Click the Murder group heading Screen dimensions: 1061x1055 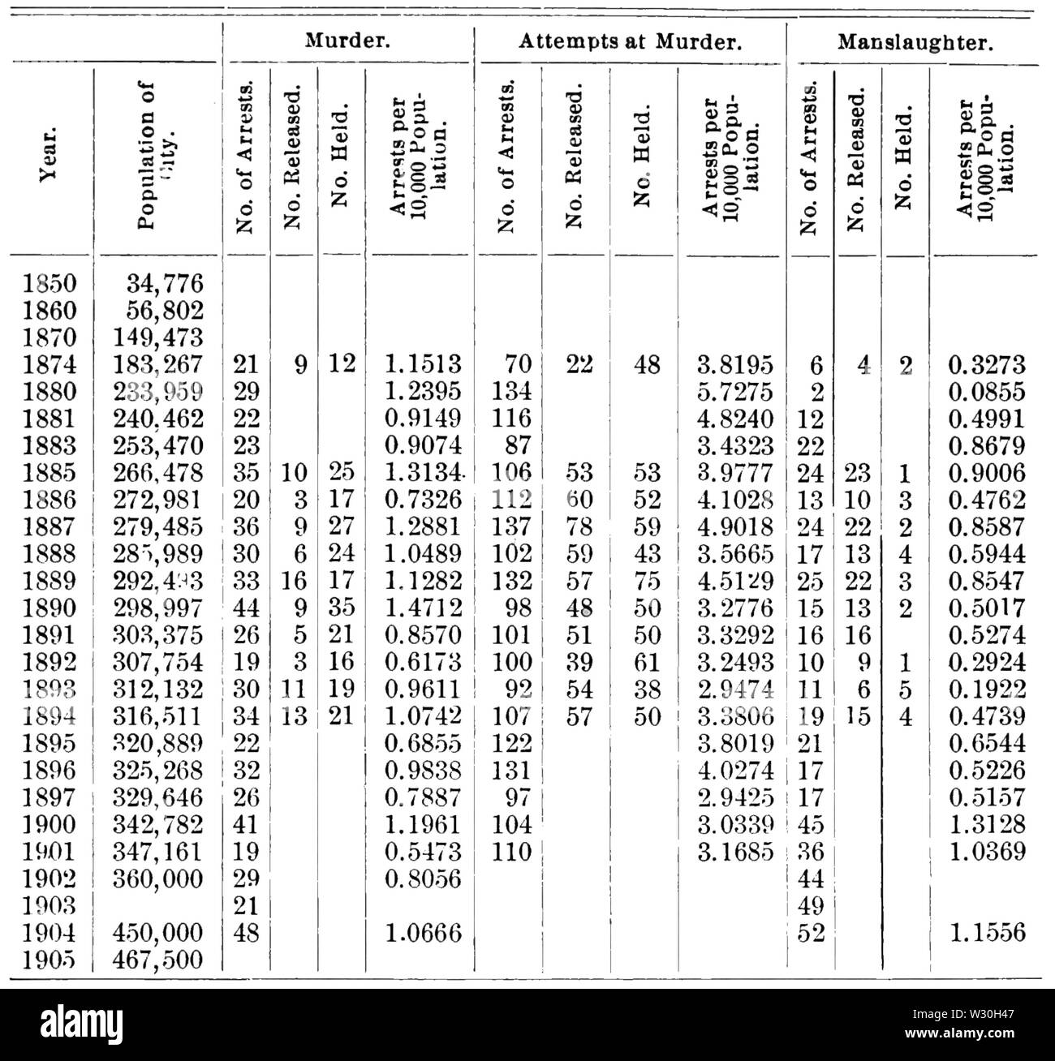click(x=347, y=41)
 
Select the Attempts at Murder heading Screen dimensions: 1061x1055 click(x=630, y=42)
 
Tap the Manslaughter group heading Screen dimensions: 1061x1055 click(x=915, y=42)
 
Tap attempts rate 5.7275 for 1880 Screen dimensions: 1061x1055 click(x=735, y=391)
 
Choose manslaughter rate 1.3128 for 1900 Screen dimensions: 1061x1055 click(x=986, y=824)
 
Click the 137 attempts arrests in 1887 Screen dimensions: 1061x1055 click(x=512, y=526)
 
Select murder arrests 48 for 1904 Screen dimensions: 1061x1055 click(x=245, y=933)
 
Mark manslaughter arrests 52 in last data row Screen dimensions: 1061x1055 click(x=812, y=933)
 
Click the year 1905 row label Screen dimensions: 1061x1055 click(x=50, y=960)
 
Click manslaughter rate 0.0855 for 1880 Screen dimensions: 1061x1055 click(x=986, y=391)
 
